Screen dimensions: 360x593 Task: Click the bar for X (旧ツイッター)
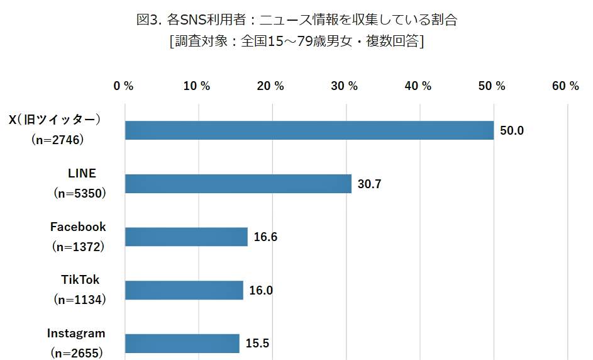309,130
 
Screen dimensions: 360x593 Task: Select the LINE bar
238,184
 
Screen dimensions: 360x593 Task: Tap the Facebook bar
186,237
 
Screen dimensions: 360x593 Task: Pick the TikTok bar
184,290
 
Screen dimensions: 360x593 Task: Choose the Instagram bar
182,344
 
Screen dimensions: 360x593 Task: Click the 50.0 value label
512,131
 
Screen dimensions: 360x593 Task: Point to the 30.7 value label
370,184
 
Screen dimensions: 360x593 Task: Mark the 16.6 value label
265,237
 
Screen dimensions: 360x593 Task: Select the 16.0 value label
262,291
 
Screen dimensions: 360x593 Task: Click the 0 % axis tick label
123,86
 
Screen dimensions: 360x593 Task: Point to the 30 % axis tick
345,86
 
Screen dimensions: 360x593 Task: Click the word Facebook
78,227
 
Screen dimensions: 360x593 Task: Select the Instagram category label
76,333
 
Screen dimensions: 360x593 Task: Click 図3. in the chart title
149,20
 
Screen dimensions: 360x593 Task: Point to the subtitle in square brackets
296,42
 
